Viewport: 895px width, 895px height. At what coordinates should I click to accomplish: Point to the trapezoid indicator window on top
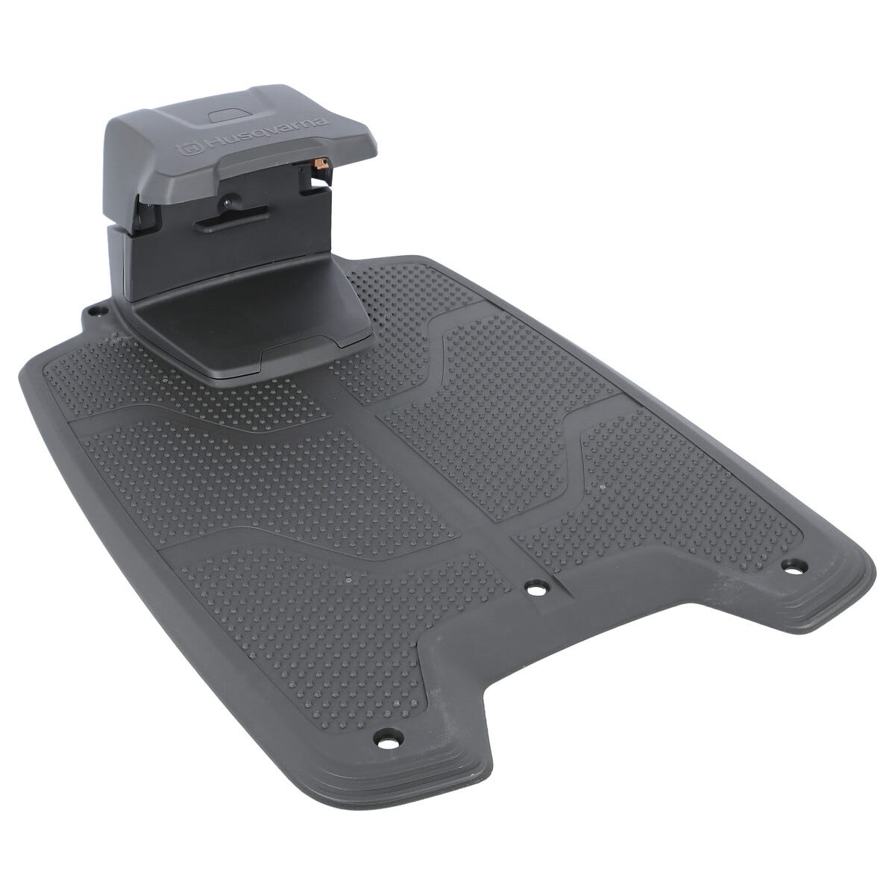(228, 116)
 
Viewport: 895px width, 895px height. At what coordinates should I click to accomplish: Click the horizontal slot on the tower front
(230, 220)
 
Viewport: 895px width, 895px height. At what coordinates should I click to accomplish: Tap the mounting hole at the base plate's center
(536, 589)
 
